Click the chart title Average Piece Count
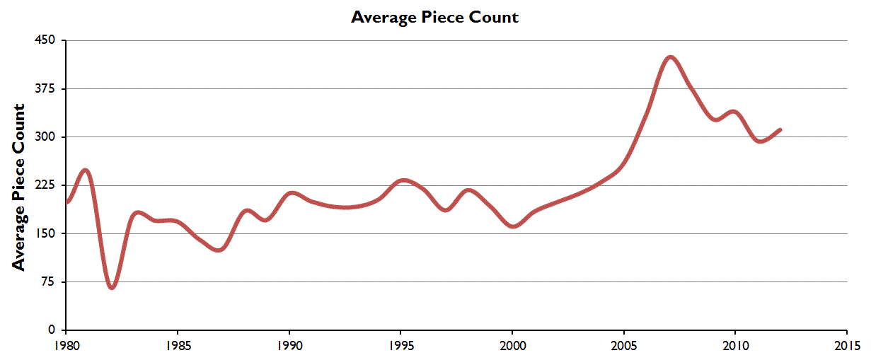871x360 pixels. point(434,17)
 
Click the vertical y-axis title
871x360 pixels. point(19,187)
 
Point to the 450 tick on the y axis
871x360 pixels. point(47,40)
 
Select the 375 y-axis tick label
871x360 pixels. point(47,88)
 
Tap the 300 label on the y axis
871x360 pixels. point(47,137)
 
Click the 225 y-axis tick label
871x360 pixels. point(47,185)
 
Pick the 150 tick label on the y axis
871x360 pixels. point(47,233)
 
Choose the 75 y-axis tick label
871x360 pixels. point(50,281)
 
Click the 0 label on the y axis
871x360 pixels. point(52,330)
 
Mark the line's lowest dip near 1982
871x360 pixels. point(112,288)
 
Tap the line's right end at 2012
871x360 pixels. point(780,129)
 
